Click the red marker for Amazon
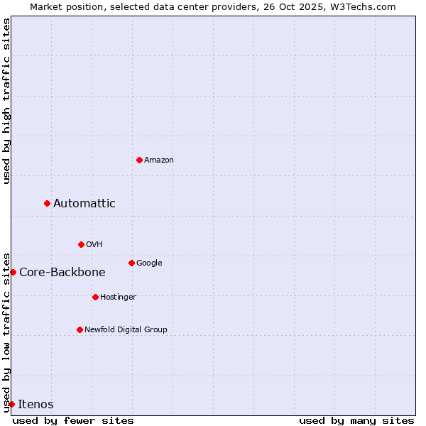(139, 160)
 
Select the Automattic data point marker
(48, 203)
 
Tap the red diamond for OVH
(81, 244)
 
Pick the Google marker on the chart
(131, 263)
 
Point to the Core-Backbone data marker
(13, 272)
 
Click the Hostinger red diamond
(95, 297)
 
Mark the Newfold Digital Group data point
(80, 329)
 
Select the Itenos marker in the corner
(11, 404)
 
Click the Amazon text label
(159, 160)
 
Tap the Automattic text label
(84, 204)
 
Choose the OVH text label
(94, 245)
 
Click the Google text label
(149, 263)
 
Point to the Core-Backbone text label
(62, 273)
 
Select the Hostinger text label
(118, 297)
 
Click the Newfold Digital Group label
(126, 330)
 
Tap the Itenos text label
(35, 405)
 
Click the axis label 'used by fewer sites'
(73, 420)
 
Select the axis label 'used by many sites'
(356, 420)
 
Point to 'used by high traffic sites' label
(6, 101)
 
